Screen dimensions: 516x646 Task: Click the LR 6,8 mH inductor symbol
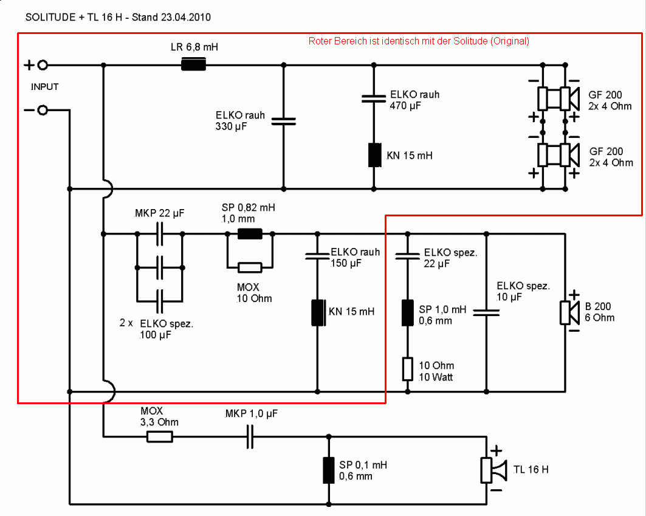194,64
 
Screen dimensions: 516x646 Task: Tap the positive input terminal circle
43,65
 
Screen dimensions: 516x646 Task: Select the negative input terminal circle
43,110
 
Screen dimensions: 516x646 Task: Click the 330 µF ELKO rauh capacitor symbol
283,121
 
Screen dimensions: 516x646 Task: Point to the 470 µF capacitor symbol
374,98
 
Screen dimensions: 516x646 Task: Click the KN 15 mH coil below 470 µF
374,154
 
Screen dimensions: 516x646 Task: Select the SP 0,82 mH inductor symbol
249,233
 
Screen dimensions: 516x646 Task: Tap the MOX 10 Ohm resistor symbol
250,267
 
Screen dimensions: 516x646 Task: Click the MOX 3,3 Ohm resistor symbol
160,436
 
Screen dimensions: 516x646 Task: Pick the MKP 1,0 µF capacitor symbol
250,436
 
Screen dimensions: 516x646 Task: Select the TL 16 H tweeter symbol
493,470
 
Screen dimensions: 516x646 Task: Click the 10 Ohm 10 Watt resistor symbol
408,369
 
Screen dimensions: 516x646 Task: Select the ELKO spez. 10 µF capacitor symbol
486,312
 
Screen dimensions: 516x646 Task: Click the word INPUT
44,87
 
